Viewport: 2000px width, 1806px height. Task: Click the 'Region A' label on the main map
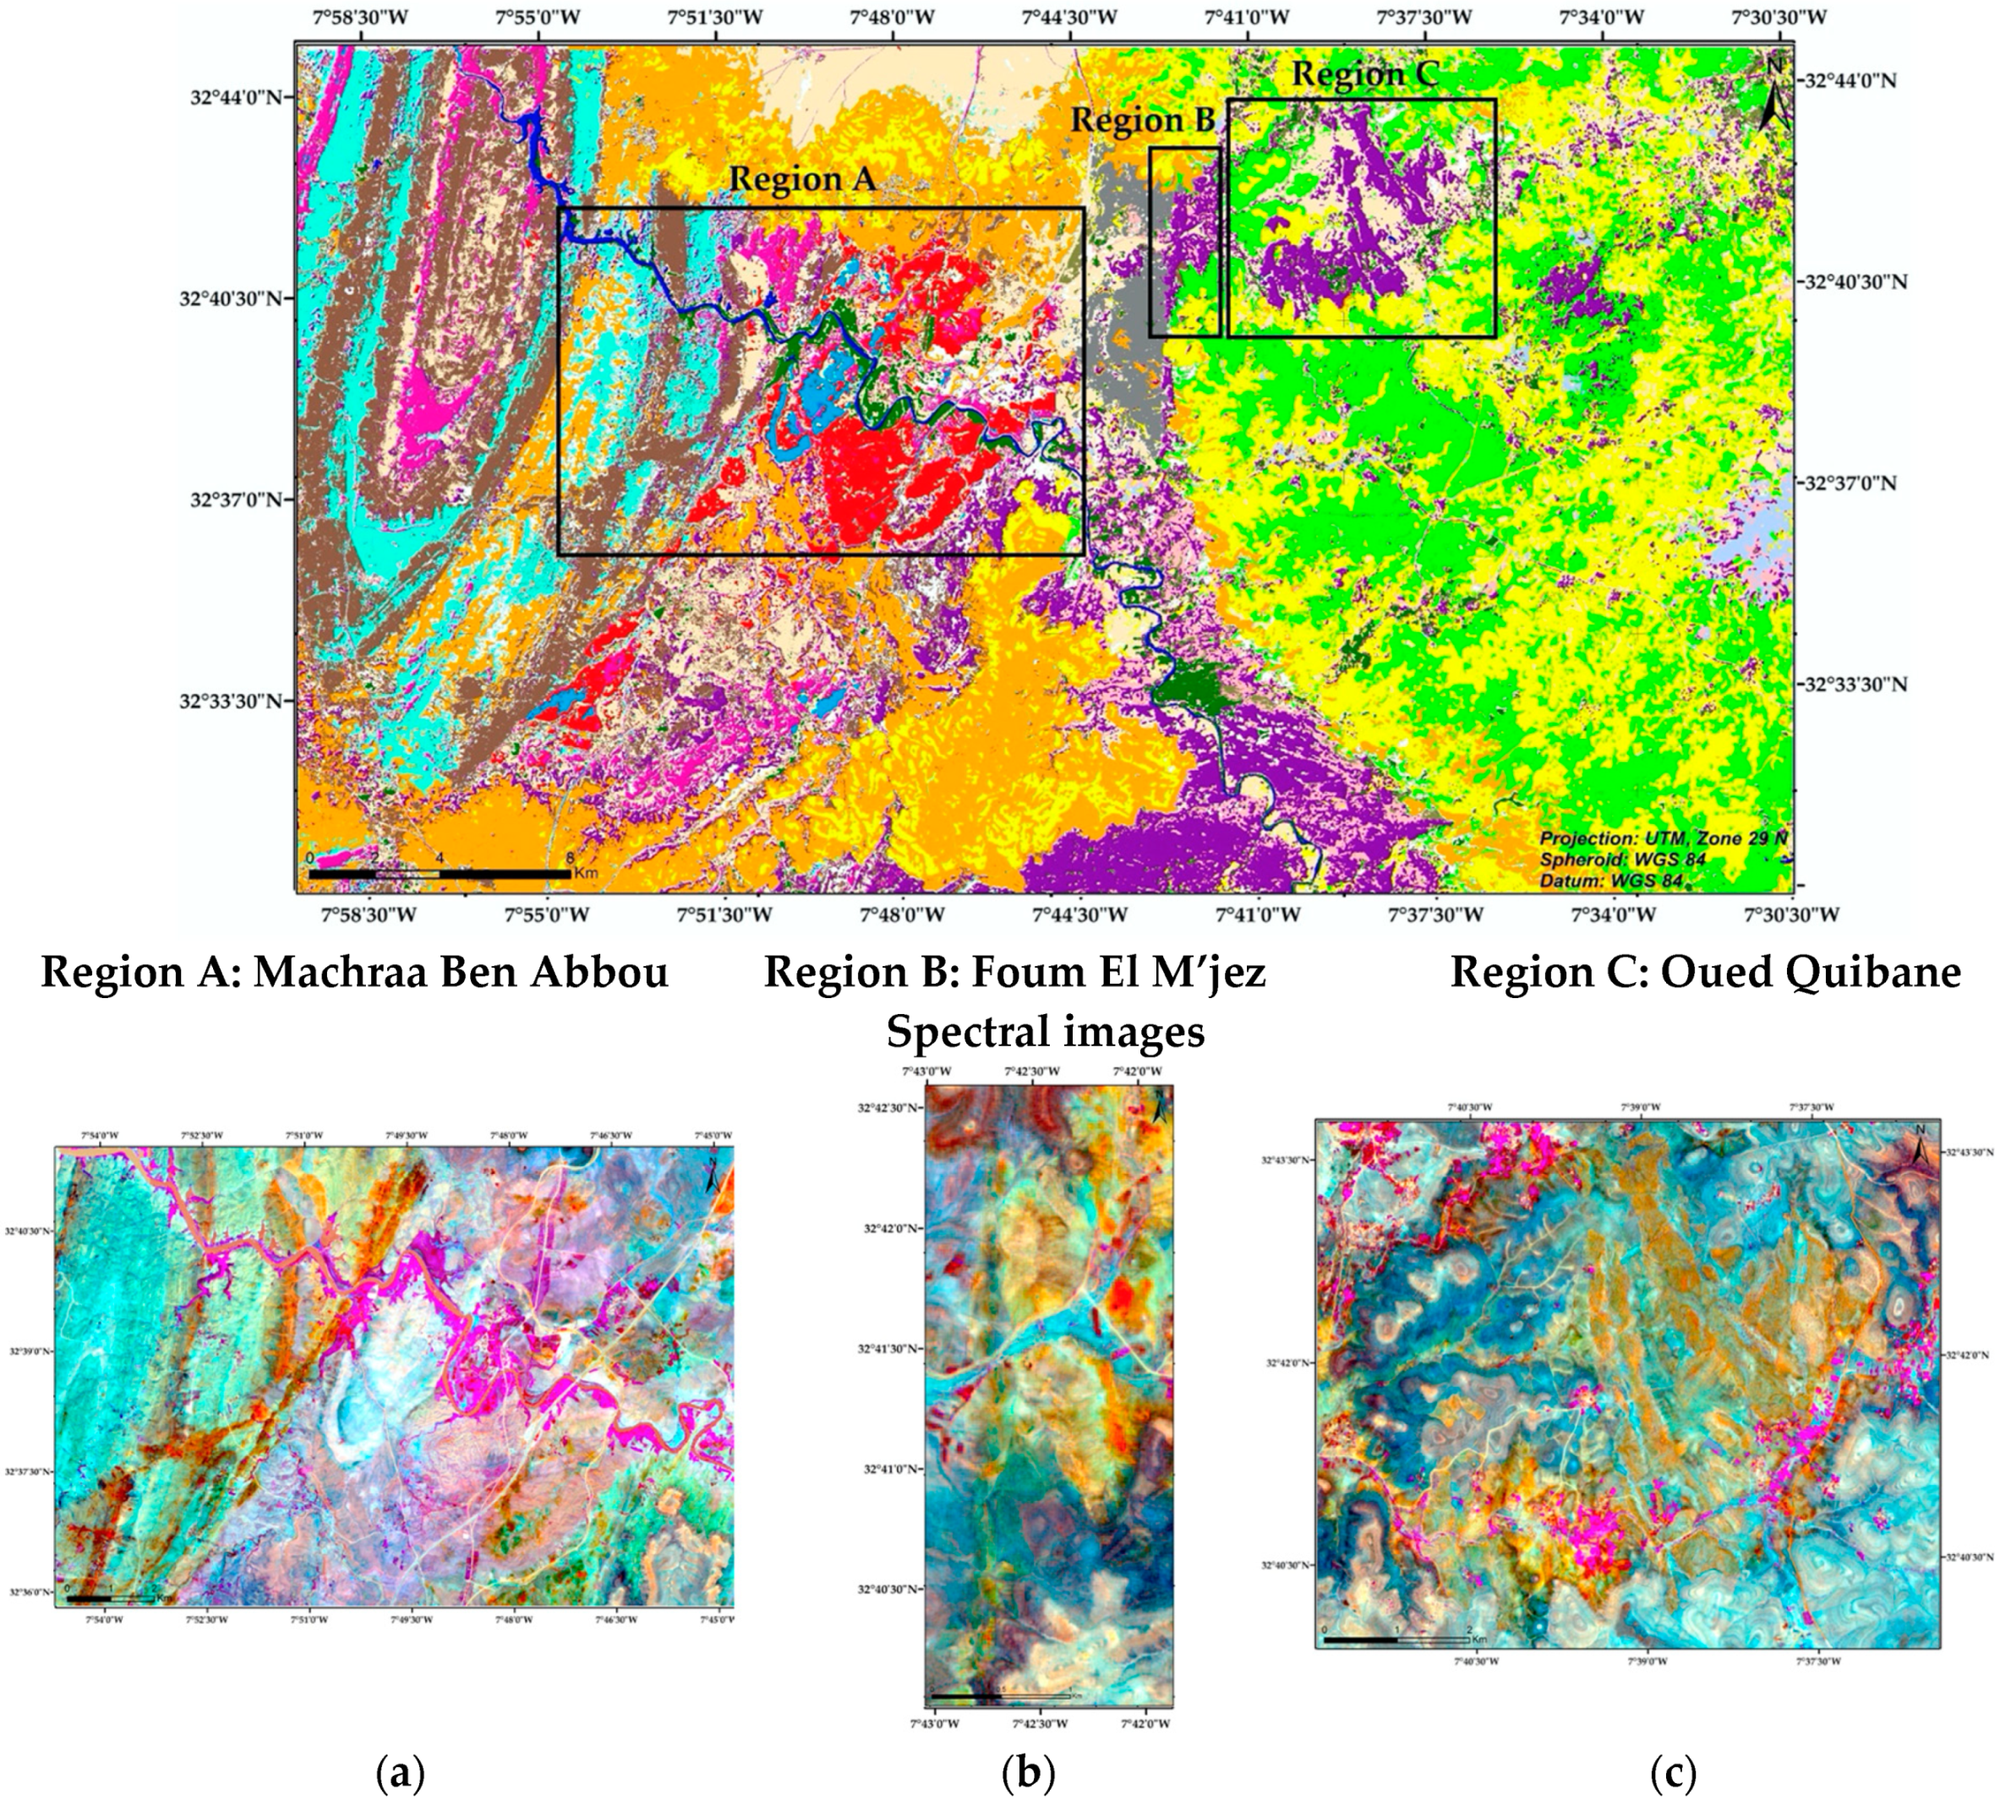pos(802,179)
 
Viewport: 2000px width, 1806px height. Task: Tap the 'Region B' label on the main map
pos(1142,121)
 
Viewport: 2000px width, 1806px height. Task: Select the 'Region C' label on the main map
pos(1364,74)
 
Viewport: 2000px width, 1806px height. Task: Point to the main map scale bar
pos(440,873)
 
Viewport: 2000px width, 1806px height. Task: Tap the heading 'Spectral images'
pos(1045,1031)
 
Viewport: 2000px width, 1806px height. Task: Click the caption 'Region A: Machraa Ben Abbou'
pos(354,973)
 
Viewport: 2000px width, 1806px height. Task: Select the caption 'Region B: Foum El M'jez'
pos(1015,973)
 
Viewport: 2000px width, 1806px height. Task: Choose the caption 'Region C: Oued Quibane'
pos(1705,973)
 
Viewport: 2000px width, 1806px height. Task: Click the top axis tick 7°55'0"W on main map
pos(538,17)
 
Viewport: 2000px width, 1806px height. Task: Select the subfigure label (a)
pos(401,1771)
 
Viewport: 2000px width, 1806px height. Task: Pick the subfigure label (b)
pos(1028,1771)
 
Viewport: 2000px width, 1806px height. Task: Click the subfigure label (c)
pos(1673,1771)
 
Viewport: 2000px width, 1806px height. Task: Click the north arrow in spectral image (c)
pos(1921,1150)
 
